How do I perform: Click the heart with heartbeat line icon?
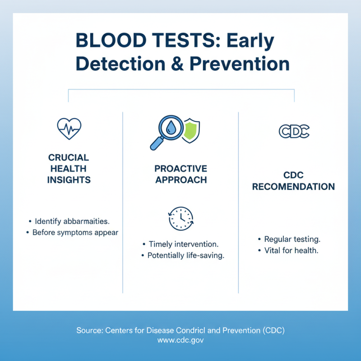69,129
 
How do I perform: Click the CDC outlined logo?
293,131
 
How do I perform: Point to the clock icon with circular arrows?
180,219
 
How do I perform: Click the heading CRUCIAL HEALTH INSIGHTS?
69,169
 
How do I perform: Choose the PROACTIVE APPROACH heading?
180,174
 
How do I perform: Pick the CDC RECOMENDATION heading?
293,180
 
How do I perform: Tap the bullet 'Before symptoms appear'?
75,233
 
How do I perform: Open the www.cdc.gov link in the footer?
180,341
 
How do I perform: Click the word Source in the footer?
88,330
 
